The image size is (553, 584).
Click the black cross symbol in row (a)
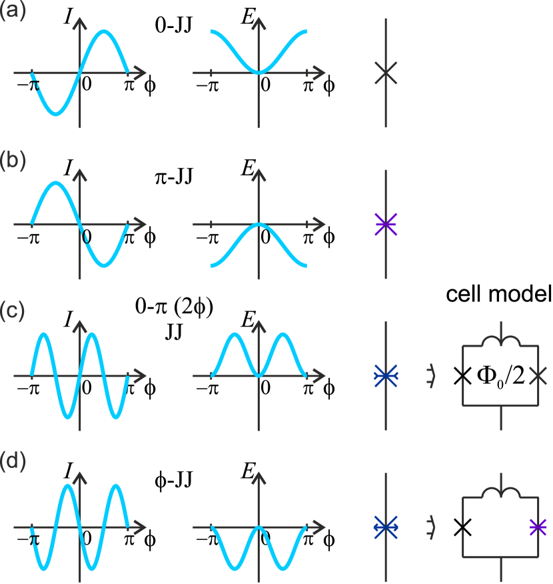[x=386, y=73]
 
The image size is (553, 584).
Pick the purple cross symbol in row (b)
[x=386, y=224]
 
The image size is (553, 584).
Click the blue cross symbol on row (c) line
[x=386, y=375]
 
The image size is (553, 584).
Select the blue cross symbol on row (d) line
[x=386, y=527]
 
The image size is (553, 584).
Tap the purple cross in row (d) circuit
[x=538, y=527]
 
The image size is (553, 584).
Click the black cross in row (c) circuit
[x=538, y=376]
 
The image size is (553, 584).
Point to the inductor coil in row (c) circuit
[x=500, y=340]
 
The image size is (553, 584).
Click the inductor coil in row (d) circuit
[x=500, y=491]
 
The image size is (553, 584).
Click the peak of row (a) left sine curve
[x=105, y=33]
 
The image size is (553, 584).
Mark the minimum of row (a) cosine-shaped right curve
[x=259, y=72]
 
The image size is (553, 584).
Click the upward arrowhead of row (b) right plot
[x=259, y=175]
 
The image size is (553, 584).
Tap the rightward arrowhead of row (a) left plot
[x=140, y=73]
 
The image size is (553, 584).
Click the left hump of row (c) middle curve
[x=235, y=334]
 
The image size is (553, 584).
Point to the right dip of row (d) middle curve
[x=283, y=569]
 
